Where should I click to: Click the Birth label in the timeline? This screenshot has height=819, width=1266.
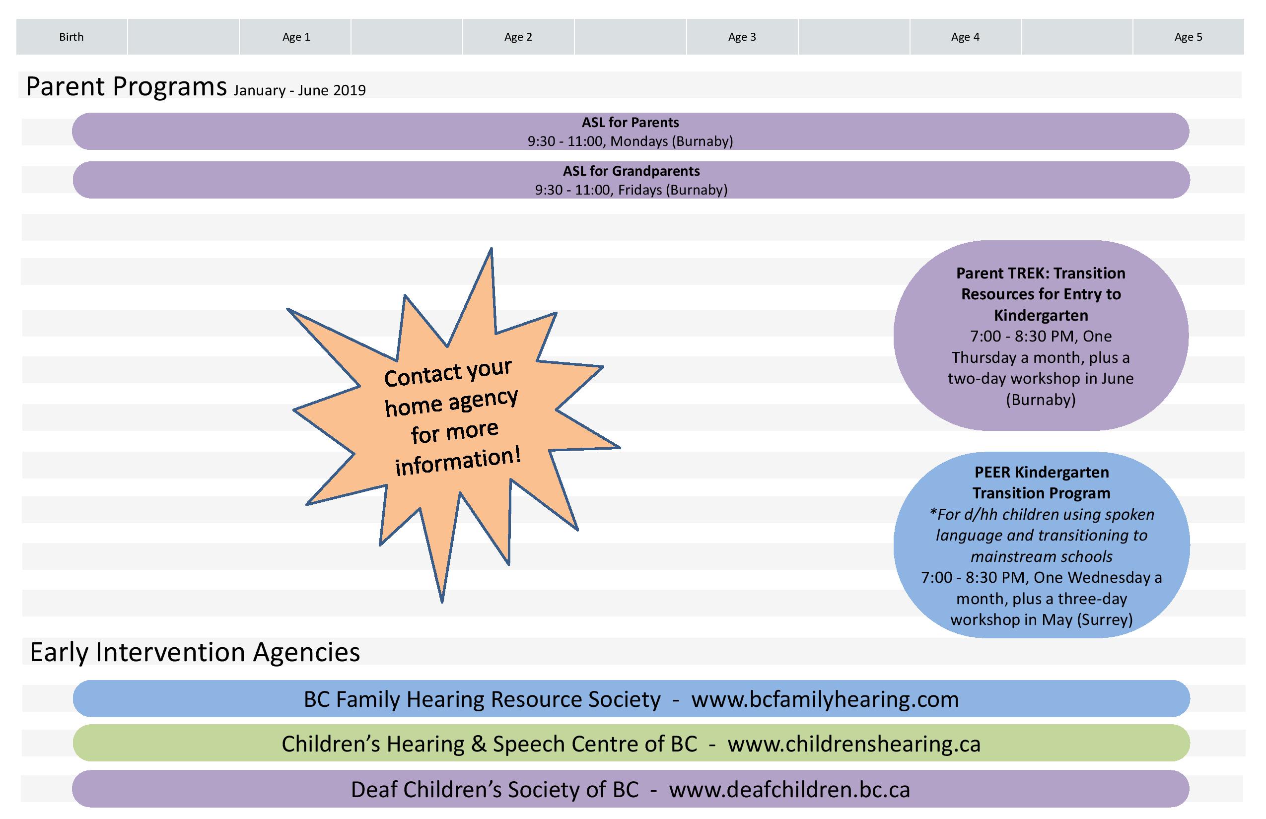71,37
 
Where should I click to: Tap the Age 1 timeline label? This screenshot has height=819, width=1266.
296,37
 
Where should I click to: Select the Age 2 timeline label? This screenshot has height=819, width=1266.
518,37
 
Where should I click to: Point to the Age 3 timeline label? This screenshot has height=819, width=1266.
742,37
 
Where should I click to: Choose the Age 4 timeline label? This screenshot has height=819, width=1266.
965,37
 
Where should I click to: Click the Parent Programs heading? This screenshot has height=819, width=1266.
126,86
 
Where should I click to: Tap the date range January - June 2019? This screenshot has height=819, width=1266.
299,90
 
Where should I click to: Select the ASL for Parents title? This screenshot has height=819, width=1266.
631,122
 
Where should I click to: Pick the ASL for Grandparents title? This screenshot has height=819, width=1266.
631,171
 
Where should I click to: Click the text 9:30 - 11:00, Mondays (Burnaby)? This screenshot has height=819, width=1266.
631,141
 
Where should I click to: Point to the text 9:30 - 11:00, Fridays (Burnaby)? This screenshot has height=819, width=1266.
631,190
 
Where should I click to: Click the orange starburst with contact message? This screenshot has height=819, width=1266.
452,420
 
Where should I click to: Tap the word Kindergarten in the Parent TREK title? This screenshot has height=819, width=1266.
1041,315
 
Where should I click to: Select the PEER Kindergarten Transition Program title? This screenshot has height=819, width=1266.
1041,482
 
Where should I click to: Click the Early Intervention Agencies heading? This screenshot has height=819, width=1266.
195,652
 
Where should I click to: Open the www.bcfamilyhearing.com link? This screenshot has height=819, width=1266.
825,699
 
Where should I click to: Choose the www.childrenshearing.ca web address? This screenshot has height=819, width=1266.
854,744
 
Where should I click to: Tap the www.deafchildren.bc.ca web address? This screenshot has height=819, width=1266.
789,789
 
